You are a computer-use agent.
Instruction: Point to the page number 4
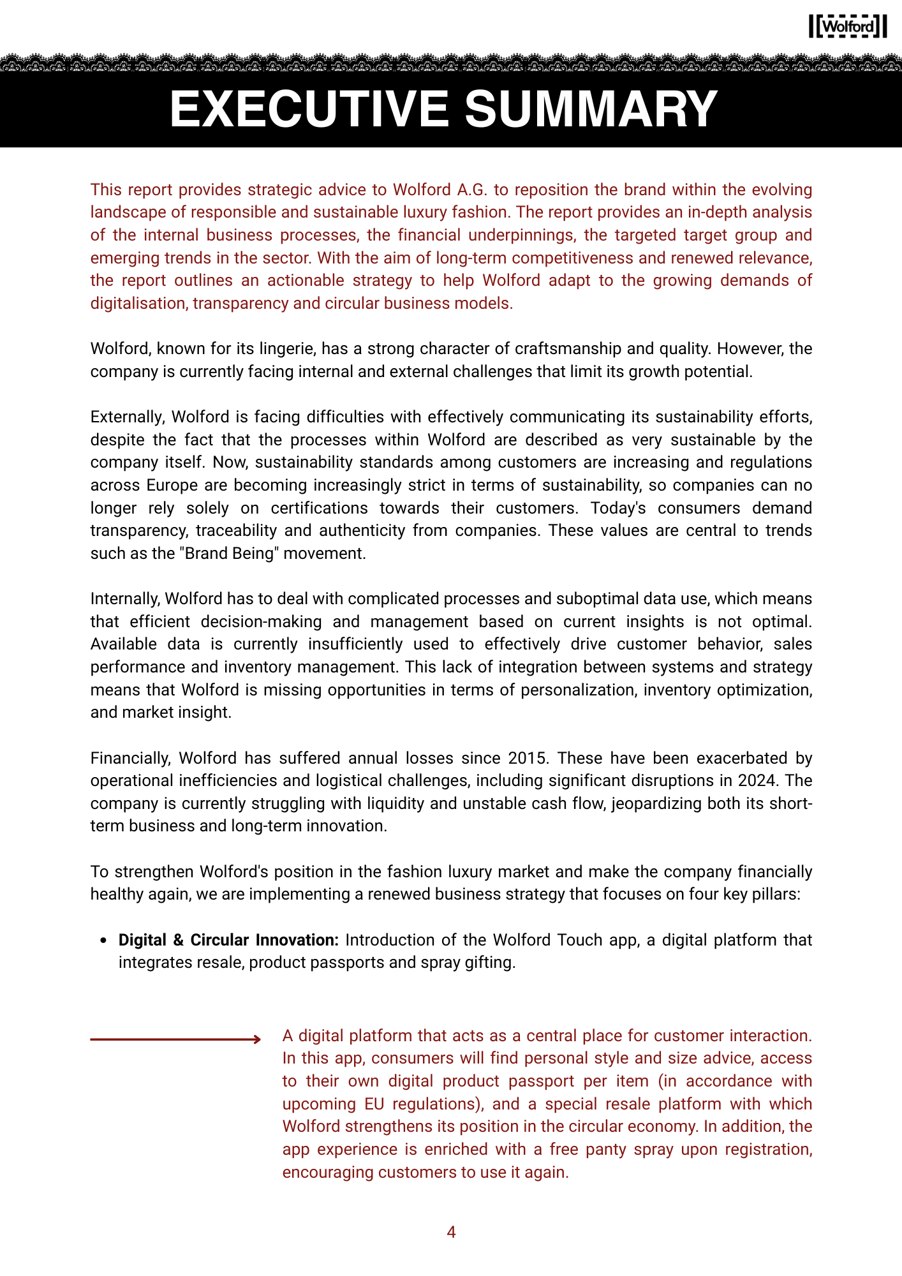(x=451, y=1232)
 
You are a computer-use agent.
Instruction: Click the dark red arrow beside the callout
(x=175, y=1039)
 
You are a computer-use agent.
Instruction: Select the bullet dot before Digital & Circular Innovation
(x=104, y=940)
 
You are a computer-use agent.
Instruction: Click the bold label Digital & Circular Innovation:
(x=228, y=940)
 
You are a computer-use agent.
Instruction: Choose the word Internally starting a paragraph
(x=125, y=598)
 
